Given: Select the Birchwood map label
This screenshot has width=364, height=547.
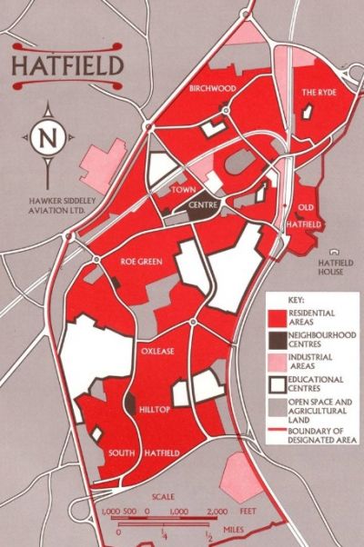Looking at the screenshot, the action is click(212, 88).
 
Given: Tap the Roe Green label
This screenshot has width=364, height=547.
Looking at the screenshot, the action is click(141, 262).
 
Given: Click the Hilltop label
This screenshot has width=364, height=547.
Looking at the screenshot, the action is click(156, 410).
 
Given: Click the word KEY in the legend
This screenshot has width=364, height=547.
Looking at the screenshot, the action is click(296, 298).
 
